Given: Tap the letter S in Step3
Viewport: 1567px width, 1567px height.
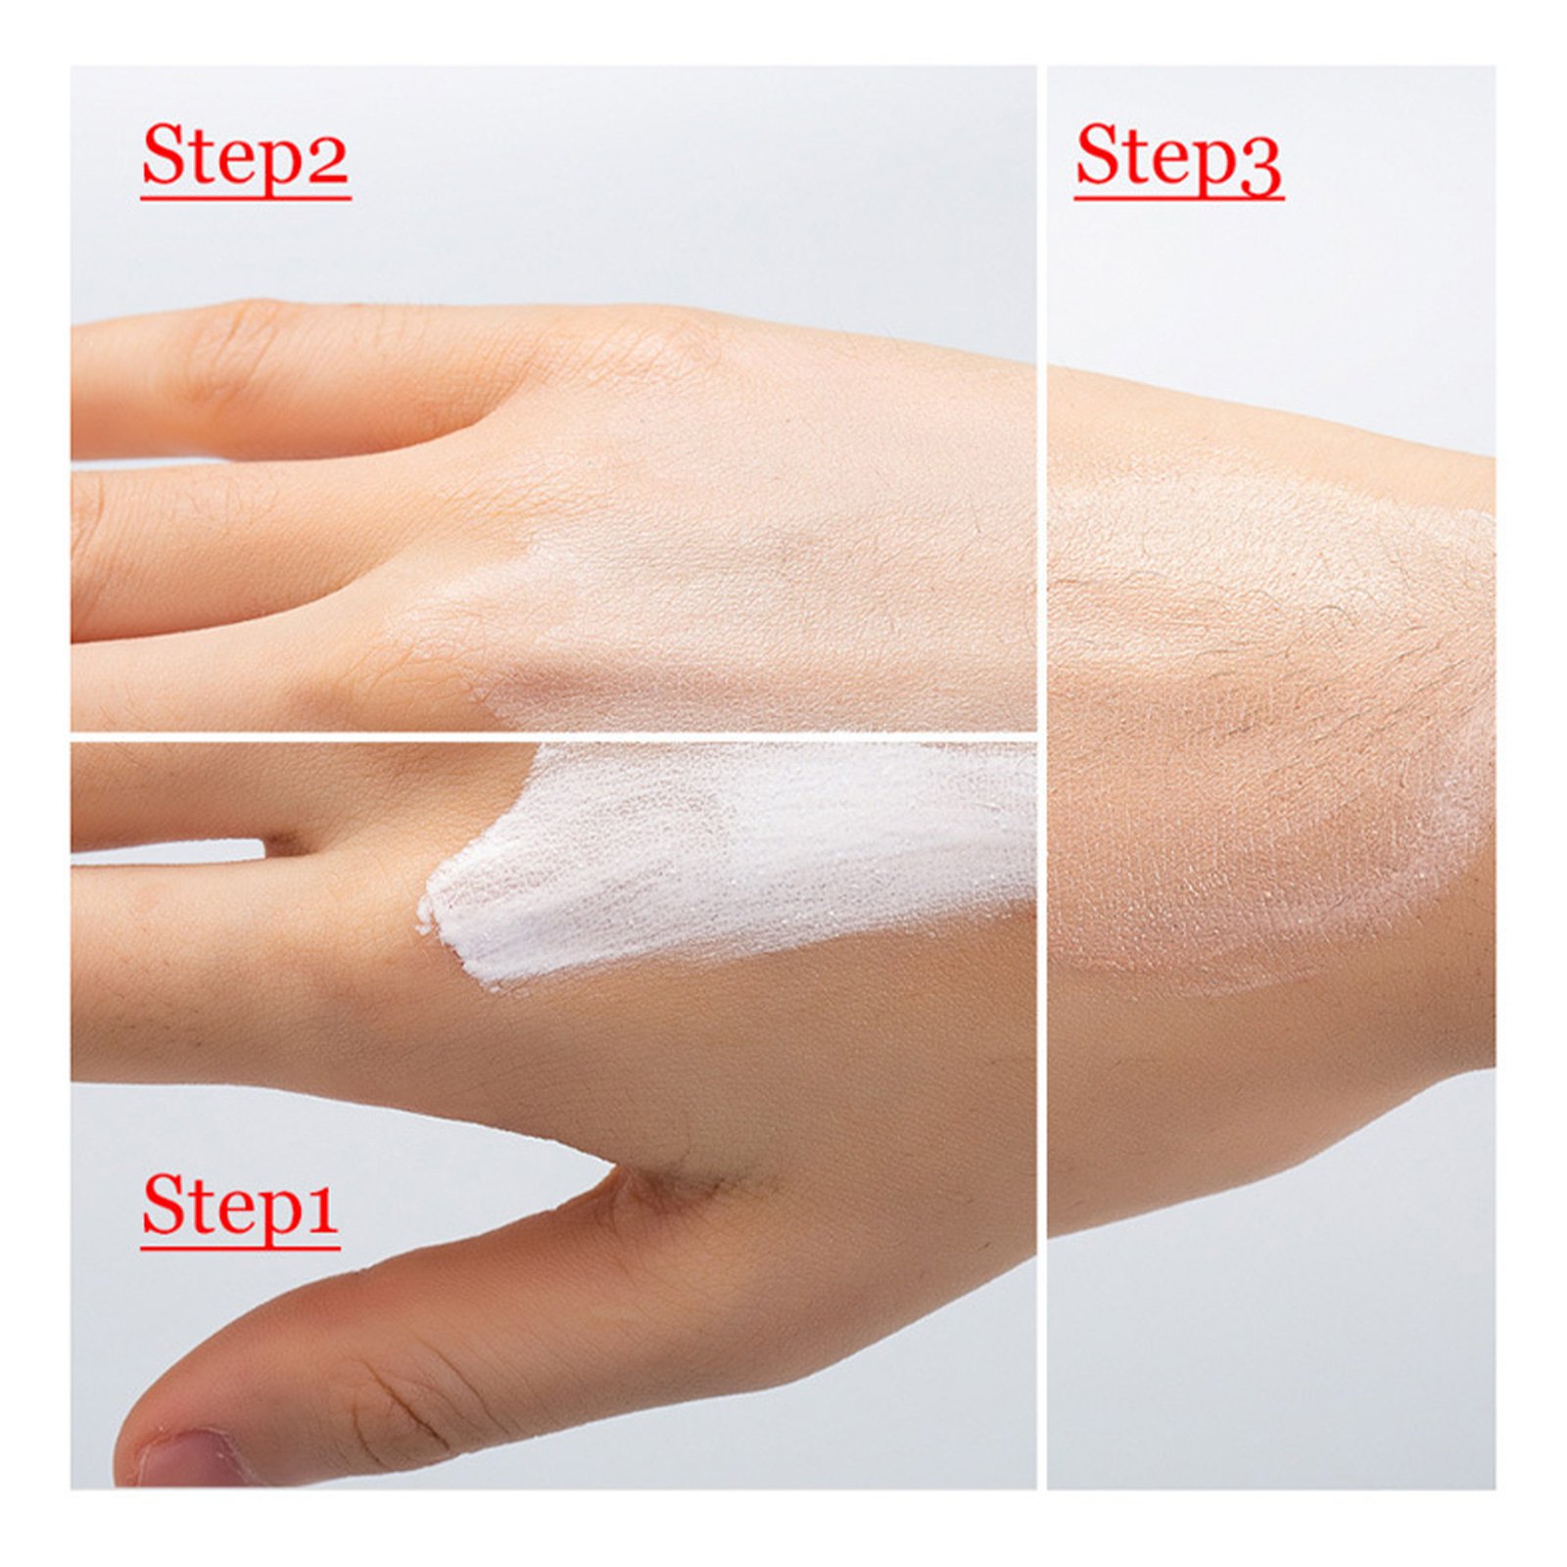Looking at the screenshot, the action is click(1097, 155).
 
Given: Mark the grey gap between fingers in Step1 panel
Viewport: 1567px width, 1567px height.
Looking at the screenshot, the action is click(166, 851).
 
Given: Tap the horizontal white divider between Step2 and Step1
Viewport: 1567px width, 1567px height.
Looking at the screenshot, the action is click(553, 736).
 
